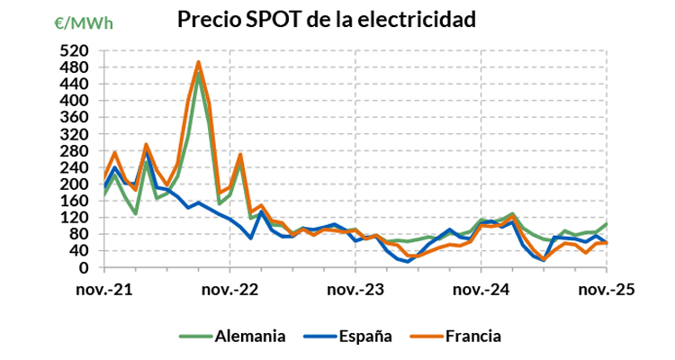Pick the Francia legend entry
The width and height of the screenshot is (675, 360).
(469, 337)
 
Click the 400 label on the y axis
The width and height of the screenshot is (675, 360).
(76, 101)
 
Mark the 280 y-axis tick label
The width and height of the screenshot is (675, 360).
(76, 151)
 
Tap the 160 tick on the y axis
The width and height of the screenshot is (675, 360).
(76, 201)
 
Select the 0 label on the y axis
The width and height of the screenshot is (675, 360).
(84, 268)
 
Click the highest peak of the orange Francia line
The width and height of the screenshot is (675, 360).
(198, 62)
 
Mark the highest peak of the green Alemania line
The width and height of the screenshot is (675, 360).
(198, 73)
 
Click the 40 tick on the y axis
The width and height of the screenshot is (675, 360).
(79, 251)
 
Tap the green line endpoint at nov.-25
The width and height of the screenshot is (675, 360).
(606, 224)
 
